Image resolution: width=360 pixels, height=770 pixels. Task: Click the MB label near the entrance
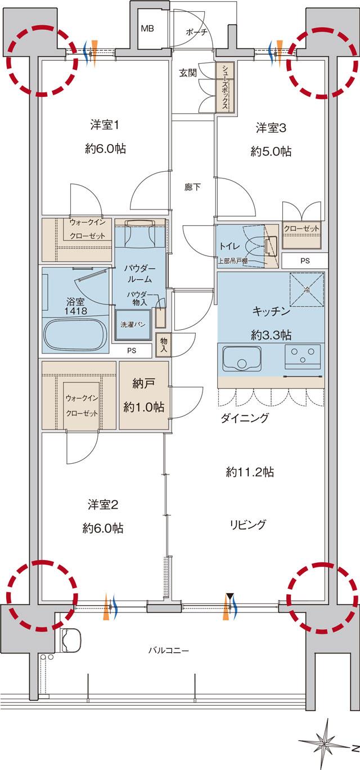tap(147, 28)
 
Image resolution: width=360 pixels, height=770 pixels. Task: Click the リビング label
tap(247, 525)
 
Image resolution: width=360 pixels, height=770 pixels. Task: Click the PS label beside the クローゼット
tap(304, 261)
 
